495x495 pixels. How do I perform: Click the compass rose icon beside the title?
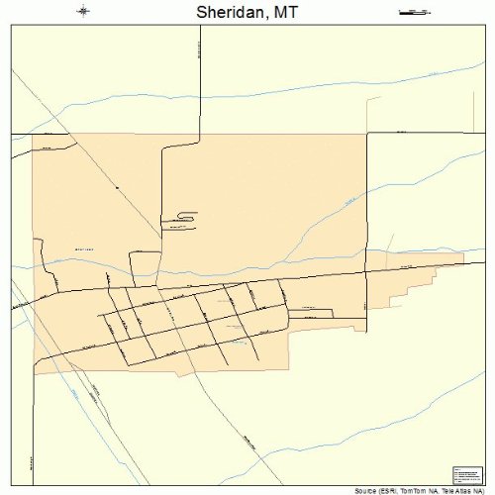point(83,11)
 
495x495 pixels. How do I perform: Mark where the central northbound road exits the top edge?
point(200,26)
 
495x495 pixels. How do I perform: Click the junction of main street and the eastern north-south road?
point(366,273)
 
